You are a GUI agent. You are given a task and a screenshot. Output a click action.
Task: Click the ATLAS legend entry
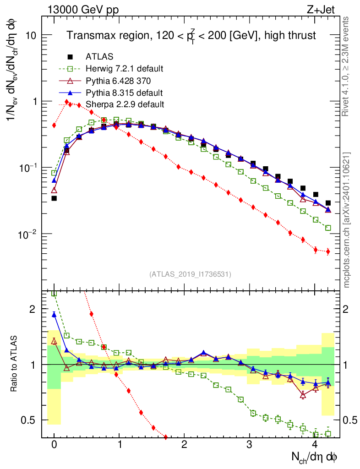(99, 57)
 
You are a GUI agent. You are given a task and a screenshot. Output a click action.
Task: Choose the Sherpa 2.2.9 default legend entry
(125, 104)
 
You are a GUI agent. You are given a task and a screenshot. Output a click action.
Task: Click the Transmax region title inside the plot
(191, 36)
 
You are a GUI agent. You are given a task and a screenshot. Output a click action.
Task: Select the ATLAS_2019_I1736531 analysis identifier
(190, 274)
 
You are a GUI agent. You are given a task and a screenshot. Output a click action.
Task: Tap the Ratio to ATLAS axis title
(15, 365)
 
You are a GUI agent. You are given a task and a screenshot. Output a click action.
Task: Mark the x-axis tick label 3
(249, 445)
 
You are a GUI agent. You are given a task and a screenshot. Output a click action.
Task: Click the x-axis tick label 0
(54, 445)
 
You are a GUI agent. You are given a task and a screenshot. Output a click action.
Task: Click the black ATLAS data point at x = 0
(54, 198)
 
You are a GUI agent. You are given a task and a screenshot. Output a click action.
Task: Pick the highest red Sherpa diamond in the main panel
(67, 102)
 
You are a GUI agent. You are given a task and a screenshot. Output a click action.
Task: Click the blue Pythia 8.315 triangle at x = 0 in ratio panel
(54, 314)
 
